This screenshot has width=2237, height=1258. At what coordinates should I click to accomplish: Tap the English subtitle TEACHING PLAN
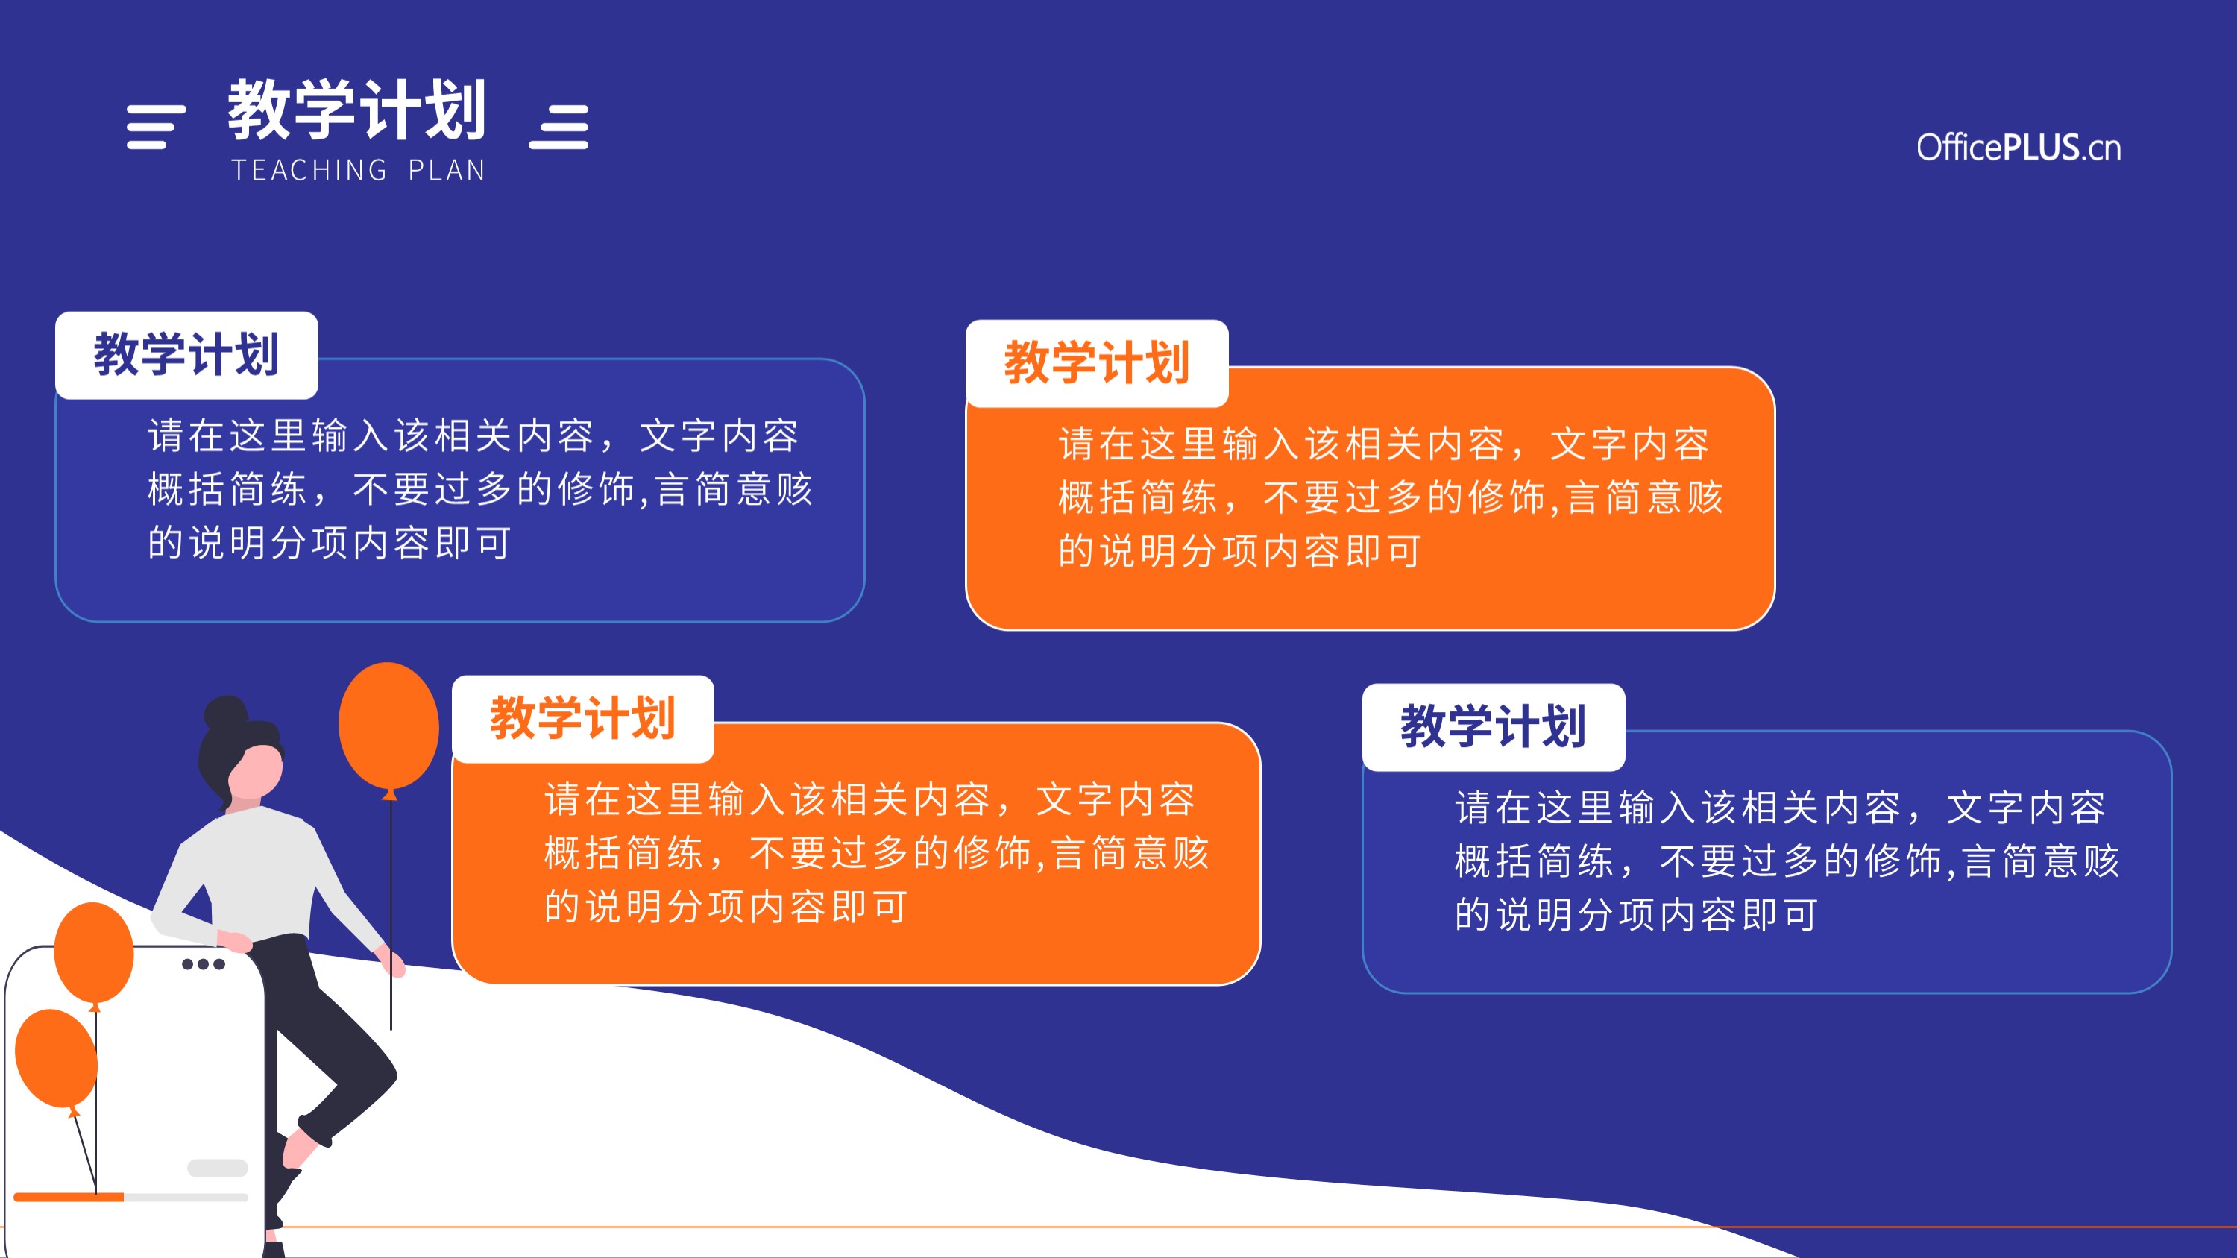coord(358,170)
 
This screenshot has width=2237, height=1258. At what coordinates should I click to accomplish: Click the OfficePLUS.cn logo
coord(2019,148)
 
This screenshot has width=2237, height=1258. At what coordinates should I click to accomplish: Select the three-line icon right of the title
coord(559,127)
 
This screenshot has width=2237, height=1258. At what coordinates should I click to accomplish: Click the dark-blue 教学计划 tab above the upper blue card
coord(186,355)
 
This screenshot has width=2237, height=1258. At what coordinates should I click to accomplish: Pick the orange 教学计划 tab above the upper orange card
coord(1097,363)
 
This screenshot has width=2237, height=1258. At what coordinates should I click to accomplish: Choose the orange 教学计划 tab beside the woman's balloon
coord(582,719)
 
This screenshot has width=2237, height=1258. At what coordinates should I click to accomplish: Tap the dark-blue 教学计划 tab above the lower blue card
coord(1494,726)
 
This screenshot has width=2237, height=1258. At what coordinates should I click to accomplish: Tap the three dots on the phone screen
coord(204,963)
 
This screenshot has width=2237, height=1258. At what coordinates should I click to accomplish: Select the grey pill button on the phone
coord(218,1168)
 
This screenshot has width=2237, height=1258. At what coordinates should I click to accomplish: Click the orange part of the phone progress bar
coord(69,1198)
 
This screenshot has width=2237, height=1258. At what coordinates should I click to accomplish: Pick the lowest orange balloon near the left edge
coord(57,1059)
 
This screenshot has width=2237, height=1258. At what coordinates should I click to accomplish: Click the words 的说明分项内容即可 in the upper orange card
coord(1239,551)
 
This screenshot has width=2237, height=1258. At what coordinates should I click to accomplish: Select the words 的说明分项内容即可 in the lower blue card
coord(1636,915)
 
